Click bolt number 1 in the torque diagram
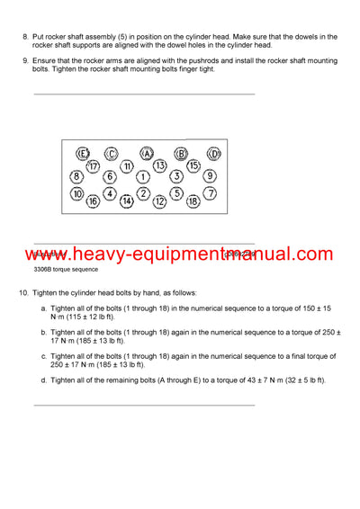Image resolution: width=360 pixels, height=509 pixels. tap(142, 176)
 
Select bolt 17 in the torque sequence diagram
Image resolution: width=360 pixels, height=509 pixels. tap(93, 165)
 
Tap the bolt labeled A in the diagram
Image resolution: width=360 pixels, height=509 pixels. tap(148, 153)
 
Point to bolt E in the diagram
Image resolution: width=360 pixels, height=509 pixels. tap(82, 153)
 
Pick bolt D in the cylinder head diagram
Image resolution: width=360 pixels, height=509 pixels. tap(214, 153)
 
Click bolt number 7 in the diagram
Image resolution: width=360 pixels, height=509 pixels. tap(211, 192)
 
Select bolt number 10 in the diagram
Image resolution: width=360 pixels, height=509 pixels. tap(77, 193)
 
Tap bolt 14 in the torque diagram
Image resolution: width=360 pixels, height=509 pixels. tap(127, 201)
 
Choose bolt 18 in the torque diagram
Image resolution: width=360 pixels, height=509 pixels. tap(193, 201)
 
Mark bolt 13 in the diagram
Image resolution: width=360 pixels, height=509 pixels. tap(160, 165)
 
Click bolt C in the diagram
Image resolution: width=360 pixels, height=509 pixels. tap(111, 153)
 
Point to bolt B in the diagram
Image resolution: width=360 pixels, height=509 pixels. tap(180, 153)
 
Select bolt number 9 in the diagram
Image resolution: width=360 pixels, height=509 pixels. tap(210, 175)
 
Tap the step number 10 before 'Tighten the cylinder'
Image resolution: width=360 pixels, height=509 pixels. tap(22, 293)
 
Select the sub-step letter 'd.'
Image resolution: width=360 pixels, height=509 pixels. tap(44, 380)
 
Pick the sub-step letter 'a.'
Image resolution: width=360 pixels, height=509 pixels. tap(44, 308)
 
